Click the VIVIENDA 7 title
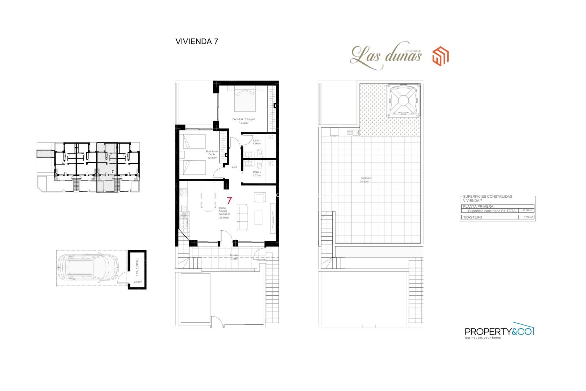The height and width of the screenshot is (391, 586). click(197, 42)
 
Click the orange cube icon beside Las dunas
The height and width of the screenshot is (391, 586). click(440, 56)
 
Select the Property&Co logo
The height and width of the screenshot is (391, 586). click(499, 331)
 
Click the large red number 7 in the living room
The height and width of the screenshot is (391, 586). click(229, 201)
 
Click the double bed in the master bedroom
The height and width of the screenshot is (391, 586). click(245, 99)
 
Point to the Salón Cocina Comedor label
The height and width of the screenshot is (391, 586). click(224, 213)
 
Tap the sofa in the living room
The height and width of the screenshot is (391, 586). click(242, 217)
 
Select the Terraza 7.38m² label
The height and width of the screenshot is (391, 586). click(234, 257)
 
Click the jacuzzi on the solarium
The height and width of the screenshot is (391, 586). click(403, 101)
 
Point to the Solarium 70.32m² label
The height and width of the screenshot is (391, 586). click(365, 180)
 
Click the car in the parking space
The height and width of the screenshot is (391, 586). click(88, 268)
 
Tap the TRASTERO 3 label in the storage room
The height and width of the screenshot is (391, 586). click(137, 267)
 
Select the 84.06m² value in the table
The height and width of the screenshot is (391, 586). click(527, 210)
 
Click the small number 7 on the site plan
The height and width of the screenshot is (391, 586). click(113, 172)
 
